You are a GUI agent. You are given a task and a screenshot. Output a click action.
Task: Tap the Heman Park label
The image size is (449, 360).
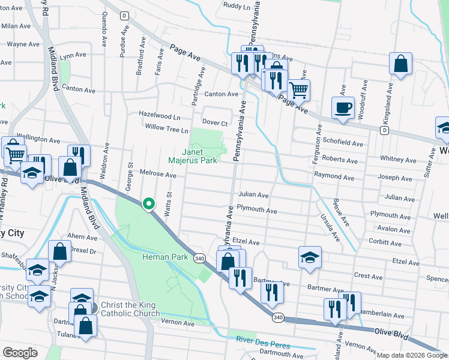(x=166, y=257)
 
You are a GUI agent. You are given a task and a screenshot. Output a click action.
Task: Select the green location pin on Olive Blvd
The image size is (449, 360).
(x=148, y=205)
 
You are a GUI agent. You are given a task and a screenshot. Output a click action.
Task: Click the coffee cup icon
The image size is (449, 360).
(x=343, y=108)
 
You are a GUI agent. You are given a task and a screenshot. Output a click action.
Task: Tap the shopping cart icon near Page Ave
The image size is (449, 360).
(x=298, y=91)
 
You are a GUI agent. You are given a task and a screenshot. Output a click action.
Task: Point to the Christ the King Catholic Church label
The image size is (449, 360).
(x=130, y=308)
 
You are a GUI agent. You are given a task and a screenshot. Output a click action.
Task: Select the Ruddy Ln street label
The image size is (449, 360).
(x=237, y=6)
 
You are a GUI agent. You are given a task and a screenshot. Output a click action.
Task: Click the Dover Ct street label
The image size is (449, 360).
(x=215, y=122)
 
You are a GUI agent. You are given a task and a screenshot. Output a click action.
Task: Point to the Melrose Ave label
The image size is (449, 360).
(x=158, y=175)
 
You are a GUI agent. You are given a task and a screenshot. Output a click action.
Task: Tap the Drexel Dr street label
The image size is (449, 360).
(x=83, y=250)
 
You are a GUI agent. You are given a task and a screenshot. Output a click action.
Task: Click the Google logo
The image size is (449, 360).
(x=20, y=352)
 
